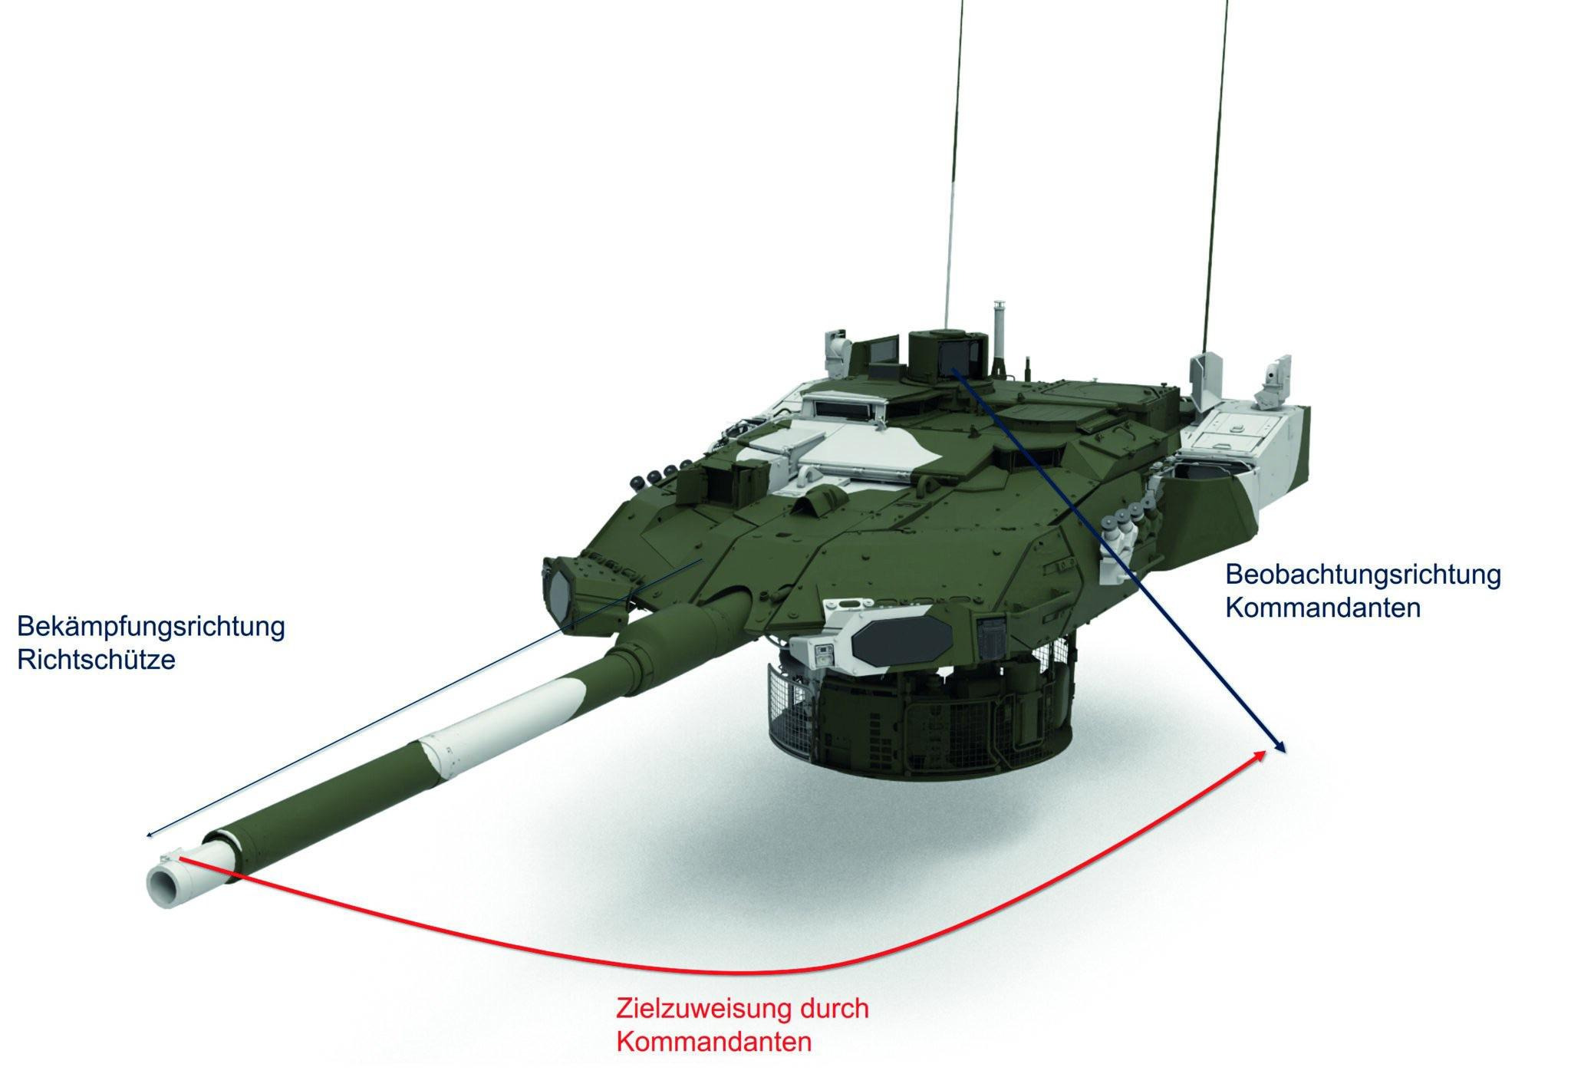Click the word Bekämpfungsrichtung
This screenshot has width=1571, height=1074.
151,627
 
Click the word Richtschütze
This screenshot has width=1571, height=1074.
96,661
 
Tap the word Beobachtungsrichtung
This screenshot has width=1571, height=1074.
1363,575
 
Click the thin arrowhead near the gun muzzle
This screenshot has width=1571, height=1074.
151,835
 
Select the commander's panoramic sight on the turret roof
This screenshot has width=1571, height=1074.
946,353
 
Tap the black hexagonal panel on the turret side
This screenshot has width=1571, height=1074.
901,634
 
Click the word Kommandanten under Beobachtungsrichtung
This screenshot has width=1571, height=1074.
1322,608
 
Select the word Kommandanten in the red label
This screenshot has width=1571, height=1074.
714,1042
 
